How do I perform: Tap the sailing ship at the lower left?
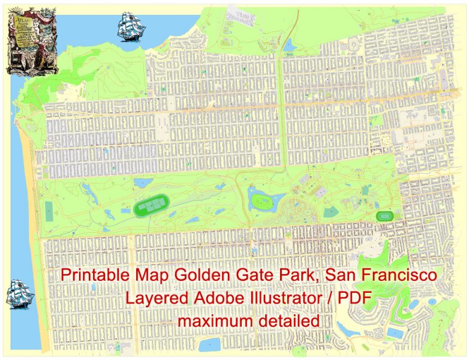tap(20, 295)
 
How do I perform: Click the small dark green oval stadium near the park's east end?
tap(384, 215)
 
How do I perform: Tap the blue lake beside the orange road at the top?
tap(290, 44)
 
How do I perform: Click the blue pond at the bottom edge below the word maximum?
tap(210, 344)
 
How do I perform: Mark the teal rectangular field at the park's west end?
tap(49, 210)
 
